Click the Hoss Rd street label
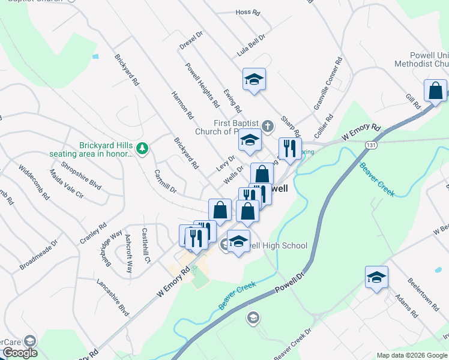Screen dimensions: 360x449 tap(247, 12)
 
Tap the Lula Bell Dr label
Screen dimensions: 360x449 tap(251, 45)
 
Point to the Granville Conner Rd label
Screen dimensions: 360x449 tap(327, 83)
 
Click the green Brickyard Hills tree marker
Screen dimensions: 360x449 tap(142, 147)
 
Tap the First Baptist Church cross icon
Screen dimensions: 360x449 tap(268, 126)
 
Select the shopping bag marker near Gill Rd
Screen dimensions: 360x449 tap(435, 91)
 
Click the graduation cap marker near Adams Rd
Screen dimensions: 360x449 tap(376, 277)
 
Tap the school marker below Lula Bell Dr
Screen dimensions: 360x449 tap(254, 79)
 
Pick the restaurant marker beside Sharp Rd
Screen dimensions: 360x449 tap(290, 149)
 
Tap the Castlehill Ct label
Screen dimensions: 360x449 tap(145, 245)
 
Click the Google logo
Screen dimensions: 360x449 tap(20, 353)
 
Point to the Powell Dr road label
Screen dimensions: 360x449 tap(291, 283)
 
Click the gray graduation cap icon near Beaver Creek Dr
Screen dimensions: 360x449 tap(253, 317)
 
